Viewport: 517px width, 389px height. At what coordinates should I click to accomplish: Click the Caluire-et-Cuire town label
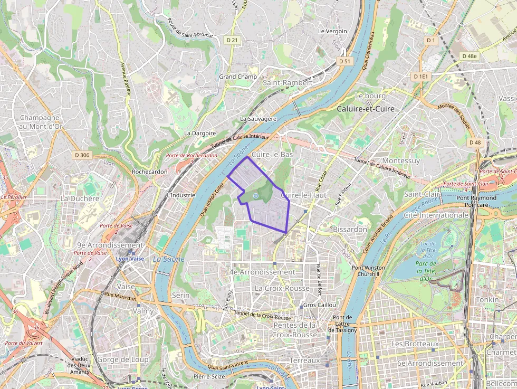pyautogui.click(x=366, y=108)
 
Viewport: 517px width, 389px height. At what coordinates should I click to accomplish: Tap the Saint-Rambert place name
pyautogui.click(x=288, y=83)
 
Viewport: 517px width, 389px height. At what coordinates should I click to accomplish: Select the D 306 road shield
pyautogui.click(x=82, y=155)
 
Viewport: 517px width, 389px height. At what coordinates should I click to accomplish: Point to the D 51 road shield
pyautogui.click(x=344, y=61)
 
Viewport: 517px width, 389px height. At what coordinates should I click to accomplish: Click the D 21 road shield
pyautogui.click(x=232, y=40)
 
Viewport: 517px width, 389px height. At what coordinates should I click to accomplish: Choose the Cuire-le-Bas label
pyautogui.click(x=272, y=155)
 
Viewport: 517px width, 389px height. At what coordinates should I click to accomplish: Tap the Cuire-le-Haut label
pyautogui.click(x=304, y=195)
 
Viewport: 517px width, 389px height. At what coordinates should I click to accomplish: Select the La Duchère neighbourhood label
pyautogui.click(x=80, y=198)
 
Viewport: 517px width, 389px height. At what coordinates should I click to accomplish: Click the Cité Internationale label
pyautogui.click(x=436, y=215)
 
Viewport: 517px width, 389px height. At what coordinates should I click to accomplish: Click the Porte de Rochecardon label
pyautogui.click(x=191, y=156)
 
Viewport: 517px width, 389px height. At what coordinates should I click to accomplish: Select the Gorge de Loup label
pyautogui.click(x=122, y=359)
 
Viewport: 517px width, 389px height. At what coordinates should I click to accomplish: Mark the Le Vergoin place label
pyautogui.click(x=332, y=31)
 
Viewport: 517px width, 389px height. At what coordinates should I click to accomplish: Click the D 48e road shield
pyautogui.click(x=469, y=56)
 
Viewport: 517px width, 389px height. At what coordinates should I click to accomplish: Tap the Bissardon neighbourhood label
pyautogui.click(x=350, y=230)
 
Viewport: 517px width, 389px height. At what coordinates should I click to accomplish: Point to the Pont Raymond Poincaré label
pyautogui.click(x=476, y=202)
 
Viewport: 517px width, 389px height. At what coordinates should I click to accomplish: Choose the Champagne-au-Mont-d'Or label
pyautogui.click(x=41, y=122)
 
